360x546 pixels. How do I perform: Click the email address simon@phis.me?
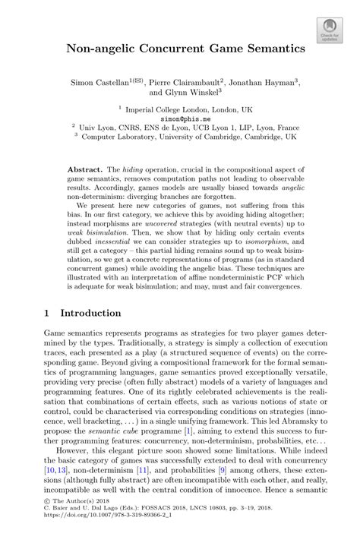(x=179, y=118)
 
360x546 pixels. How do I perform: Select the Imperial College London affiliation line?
(x=180, y=109)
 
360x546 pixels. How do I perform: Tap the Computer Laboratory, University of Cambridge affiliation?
(x=180, y=137)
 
